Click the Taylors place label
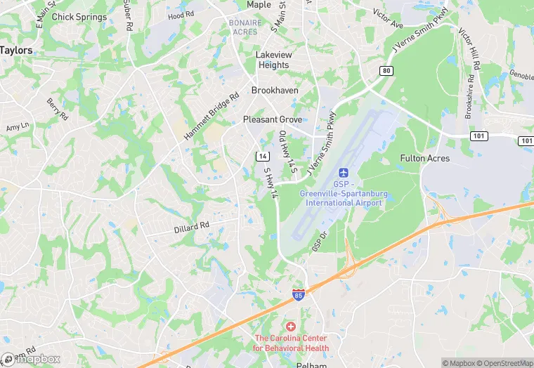coord(16,51)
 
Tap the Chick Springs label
coord(80,17)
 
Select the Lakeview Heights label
coord(273,60)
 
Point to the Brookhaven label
coord(275,91)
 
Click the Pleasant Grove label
coord(273,119)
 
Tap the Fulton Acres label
coord(424,158)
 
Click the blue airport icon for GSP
coord(344,172)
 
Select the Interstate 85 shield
coord(299,294)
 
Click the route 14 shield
coord(261,155)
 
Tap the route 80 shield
coord(386,70)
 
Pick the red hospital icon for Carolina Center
coord(291,327)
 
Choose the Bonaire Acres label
coord(245,27)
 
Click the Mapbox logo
coord(32,359)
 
